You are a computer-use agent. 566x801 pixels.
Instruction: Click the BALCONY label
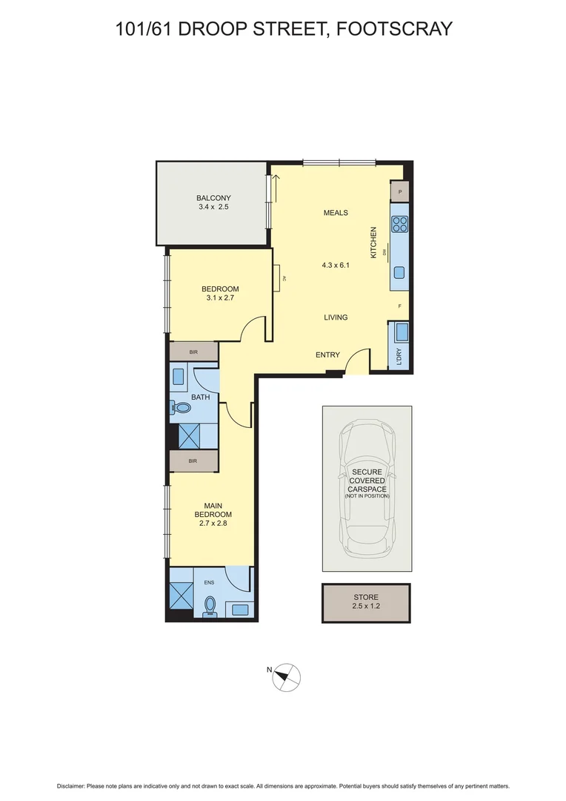[213, 198]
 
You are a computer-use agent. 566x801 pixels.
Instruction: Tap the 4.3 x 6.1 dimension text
[335, 265]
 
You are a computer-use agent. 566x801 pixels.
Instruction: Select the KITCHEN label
[374, 243]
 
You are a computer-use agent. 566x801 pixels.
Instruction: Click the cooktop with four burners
[400, 224]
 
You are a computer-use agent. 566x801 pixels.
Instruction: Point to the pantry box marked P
[400, 191]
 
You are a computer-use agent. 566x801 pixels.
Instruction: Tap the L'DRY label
[400, 357]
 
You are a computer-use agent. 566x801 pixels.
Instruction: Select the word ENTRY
[327, 355]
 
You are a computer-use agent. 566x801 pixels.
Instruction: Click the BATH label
[200, 398]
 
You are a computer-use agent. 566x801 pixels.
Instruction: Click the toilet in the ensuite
[210, 605]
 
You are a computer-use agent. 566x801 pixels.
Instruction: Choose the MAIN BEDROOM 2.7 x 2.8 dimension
[213, 524]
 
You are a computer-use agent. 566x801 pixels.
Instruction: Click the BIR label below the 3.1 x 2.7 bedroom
[193, 352]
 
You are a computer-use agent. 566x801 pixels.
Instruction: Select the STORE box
[366, 602]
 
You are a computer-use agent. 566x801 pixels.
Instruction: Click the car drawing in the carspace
[367, 489]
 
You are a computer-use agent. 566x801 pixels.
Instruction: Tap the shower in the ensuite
[181, 594]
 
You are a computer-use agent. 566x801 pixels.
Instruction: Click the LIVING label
[336, 317]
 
